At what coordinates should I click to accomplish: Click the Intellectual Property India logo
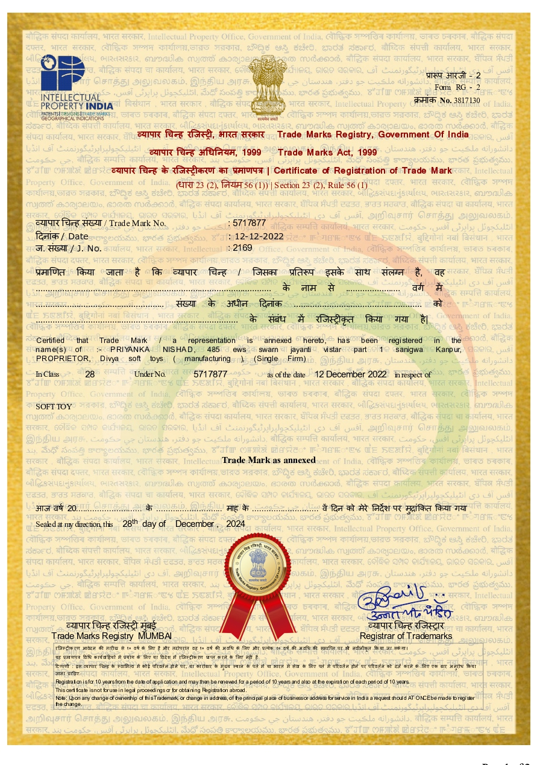[x=77, y=87]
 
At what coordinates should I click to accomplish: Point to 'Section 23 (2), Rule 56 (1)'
[x=320, y=185]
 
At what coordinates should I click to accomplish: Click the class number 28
[x=90, y=374]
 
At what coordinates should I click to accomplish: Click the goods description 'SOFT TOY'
[x=52, y=406]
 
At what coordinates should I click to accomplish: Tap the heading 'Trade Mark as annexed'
[x=269, y=460]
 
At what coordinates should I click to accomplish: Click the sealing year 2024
[x=235, y=524]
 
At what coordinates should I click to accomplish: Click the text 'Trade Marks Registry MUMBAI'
[x=112, y=636]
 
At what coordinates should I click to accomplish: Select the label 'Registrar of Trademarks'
[x=406, y=636]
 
